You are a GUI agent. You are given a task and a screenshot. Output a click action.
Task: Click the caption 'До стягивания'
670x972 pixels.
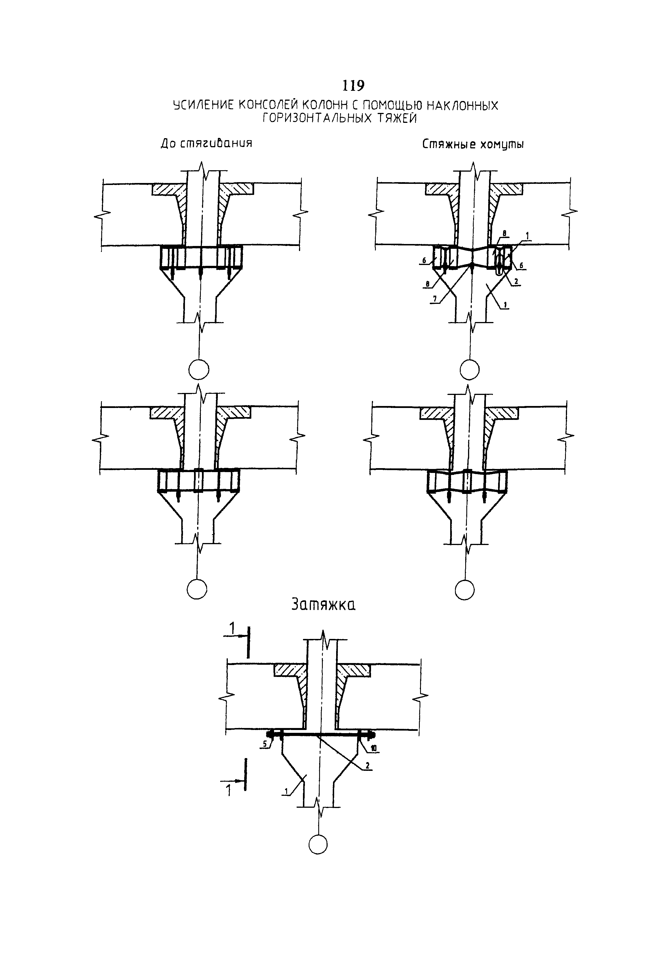pyautogui.click(x=207, y=144)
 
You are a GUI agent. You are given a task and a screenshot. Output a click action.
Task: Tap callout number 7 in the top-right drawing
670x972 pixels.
pyautogui.click(x=435, y=298)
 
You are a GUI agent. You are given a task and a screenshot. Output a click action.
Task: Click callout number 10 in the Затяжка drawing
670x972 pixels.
pyautogui.click(x=373, y=748)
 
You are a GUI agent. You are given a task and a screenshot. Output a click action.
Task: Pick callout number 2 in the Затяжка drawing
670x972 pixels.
pyautogui.click(x=367, y=766)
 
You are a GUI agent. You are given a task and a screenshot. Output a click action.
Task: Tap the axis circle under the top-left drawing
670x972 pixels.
pyautogui.click(x=199, y=369)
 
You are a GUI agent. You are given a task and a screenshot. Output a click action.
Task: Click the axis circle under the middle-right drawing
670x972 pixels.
pyautogui.click(x=465, y=590)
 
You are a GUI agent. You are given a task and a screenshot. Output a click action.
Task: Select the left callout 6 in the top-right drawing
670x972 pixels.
pyautogui.click(x=424, y=260)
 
